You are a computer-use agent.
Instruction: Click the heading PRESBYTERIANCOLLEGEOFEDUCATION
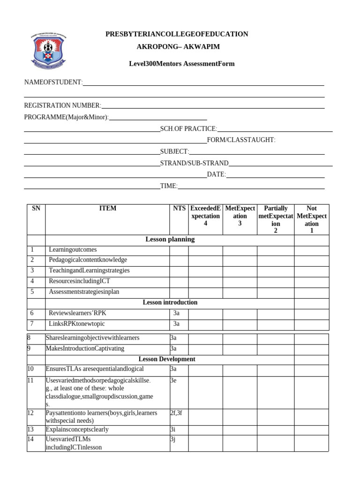(177, 34)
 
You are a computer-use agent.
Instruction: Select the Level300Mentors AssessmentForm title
(182, 64)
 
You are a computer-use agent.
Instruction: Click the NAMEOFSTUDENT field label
(53, 82)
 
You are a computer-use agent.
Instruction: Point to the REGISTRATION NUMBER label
(62, 105)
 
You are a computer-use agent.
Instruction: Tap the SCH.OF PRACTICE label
(188, 128)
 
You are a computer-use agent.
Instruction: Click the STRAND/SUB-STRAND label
(194, 163)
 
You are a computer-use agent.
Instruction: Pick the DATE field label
(216, 174)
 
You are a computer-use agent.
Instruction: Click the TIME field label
(169, 186)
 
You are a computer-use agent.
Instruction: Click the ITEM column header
(108, 209)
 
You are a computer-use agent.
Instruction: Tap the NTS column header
(179, 209)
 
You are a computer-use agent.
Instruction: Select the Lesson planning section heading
(170, 240)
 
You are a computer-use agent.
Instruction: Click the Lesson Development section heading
(167, 359)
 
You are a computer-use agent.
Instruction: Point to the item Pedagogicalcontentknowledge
(88, 260)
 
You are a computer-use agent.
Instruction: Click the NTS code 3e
(173, 381)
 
